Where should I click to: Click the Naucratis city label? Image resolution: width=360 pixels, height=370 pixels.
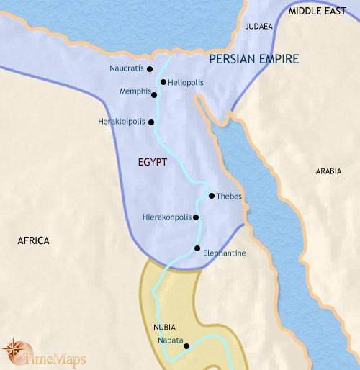tap(127, 69)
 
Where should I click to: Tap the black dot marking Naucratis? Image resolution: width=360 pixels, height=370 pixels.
tap(150, 69)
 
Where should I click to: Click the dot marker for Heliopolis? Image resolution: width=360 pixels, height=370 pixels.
tap(163, 82)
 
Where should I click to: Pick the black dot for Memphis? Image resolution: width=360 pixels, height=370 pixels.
tap(155, 94)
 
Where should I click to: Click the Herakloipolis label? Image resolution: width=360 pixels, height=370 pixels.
tap(122, 122)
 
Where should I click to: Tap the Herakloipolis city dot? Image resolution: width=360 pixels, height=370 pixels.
tap(151, 122)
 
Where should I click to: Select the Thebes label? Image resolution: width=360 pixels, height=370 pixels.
tap(229, 197)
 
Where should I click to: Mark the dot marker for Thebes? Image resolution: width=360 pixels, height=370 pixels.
tap(211, 196)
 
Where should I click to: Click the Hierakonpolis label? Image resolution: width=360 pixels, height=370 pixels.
tap(166, 217)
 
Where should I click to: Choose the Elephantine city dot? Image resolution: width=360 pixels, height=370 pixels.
tap(197, 249)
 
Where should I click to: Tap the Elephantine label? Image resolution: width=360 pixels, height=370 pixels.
tap(225, 253)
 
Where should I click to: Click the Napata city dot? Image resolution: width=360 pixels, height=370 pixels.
tap(186, 346)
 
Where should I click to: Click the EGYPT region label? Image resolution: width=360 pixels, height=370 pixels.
tap(152, 163)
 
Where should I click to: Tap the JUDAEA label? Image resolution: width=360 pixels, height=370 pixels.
tap(258, 27)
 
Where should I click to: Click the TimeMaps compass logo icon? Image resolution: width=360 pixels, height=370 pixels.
tap(15, 351)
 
